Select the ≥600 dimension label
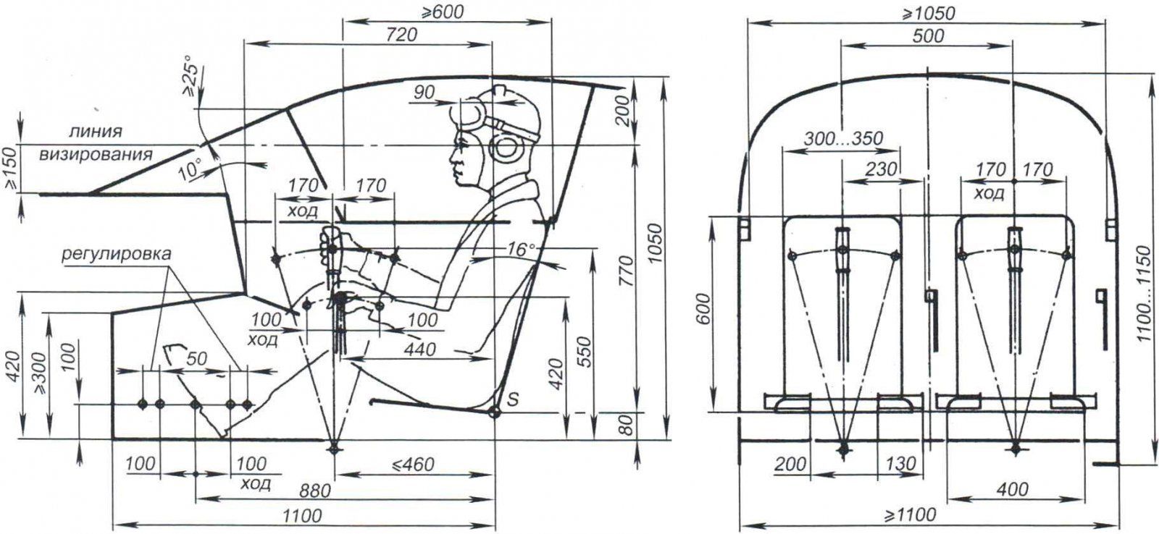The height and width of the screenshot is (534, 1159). point(438,12)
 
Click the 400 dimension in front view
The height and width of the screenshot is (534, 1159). point(1011,490)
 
